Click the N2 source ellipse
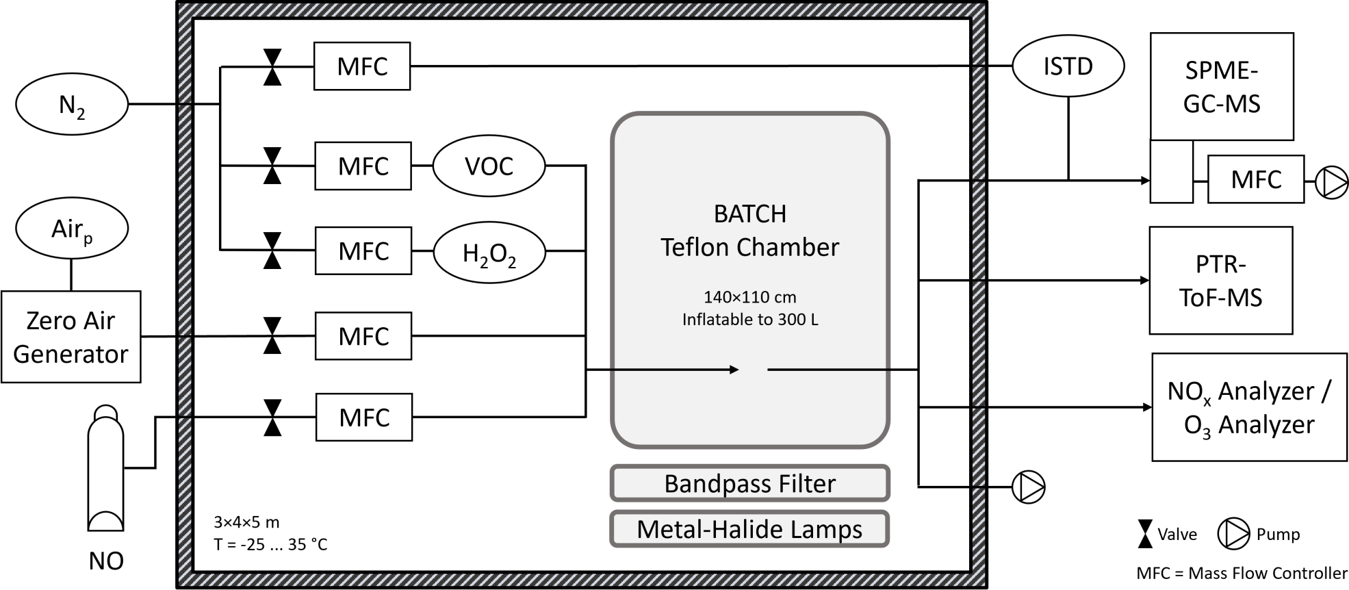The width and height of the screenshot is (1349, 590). (x=72, y=105)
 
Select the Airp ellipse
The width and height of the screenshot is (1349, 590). (x=72, y=229)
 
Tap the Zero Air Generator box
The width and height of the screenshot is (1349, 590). (x=71, y=337)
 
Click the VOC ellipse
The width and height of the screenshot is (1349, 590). (x=489, y=166)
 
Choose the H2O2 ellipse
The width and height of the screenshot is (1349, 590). (x=489, y=252)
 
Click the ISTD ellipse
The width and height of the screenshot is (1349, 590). (x=1068, y=66)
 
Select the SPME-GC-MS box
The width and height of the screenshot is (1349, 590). (x=1222, y=86)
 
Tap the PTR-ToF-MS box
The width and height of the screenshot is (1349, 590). (x=1220, y=281)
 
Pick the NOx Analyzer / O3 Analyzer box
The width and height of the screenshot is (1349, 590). (x=1249, y=407)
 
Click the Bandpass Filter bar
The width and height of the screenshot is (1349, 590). (x=749, y=484)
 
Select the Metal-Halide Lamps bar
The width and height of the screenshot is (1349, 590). (x=749, y=529)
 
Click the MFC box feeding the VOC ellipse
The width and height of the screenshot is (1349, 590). (x=363, y=166)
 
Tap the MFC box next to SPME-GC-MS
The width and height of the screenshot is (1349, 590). (x=1255, y=179)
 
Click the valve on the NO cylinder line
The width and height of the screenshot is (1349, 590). (x=272, y=418)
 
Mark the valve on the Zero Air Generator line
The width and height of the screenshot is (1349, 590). (x=272, y=336)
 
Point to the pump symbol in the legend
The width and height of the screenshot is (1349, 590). (x=1233, y=535)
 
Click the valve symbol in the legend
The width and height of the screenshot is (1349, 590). (x=1144, y=535)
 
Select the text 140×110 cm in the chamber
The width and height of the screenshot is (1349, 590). (x=749, y=297)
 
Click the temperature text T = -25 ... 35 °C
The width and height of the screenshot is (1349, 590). (x=270, y=545)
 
